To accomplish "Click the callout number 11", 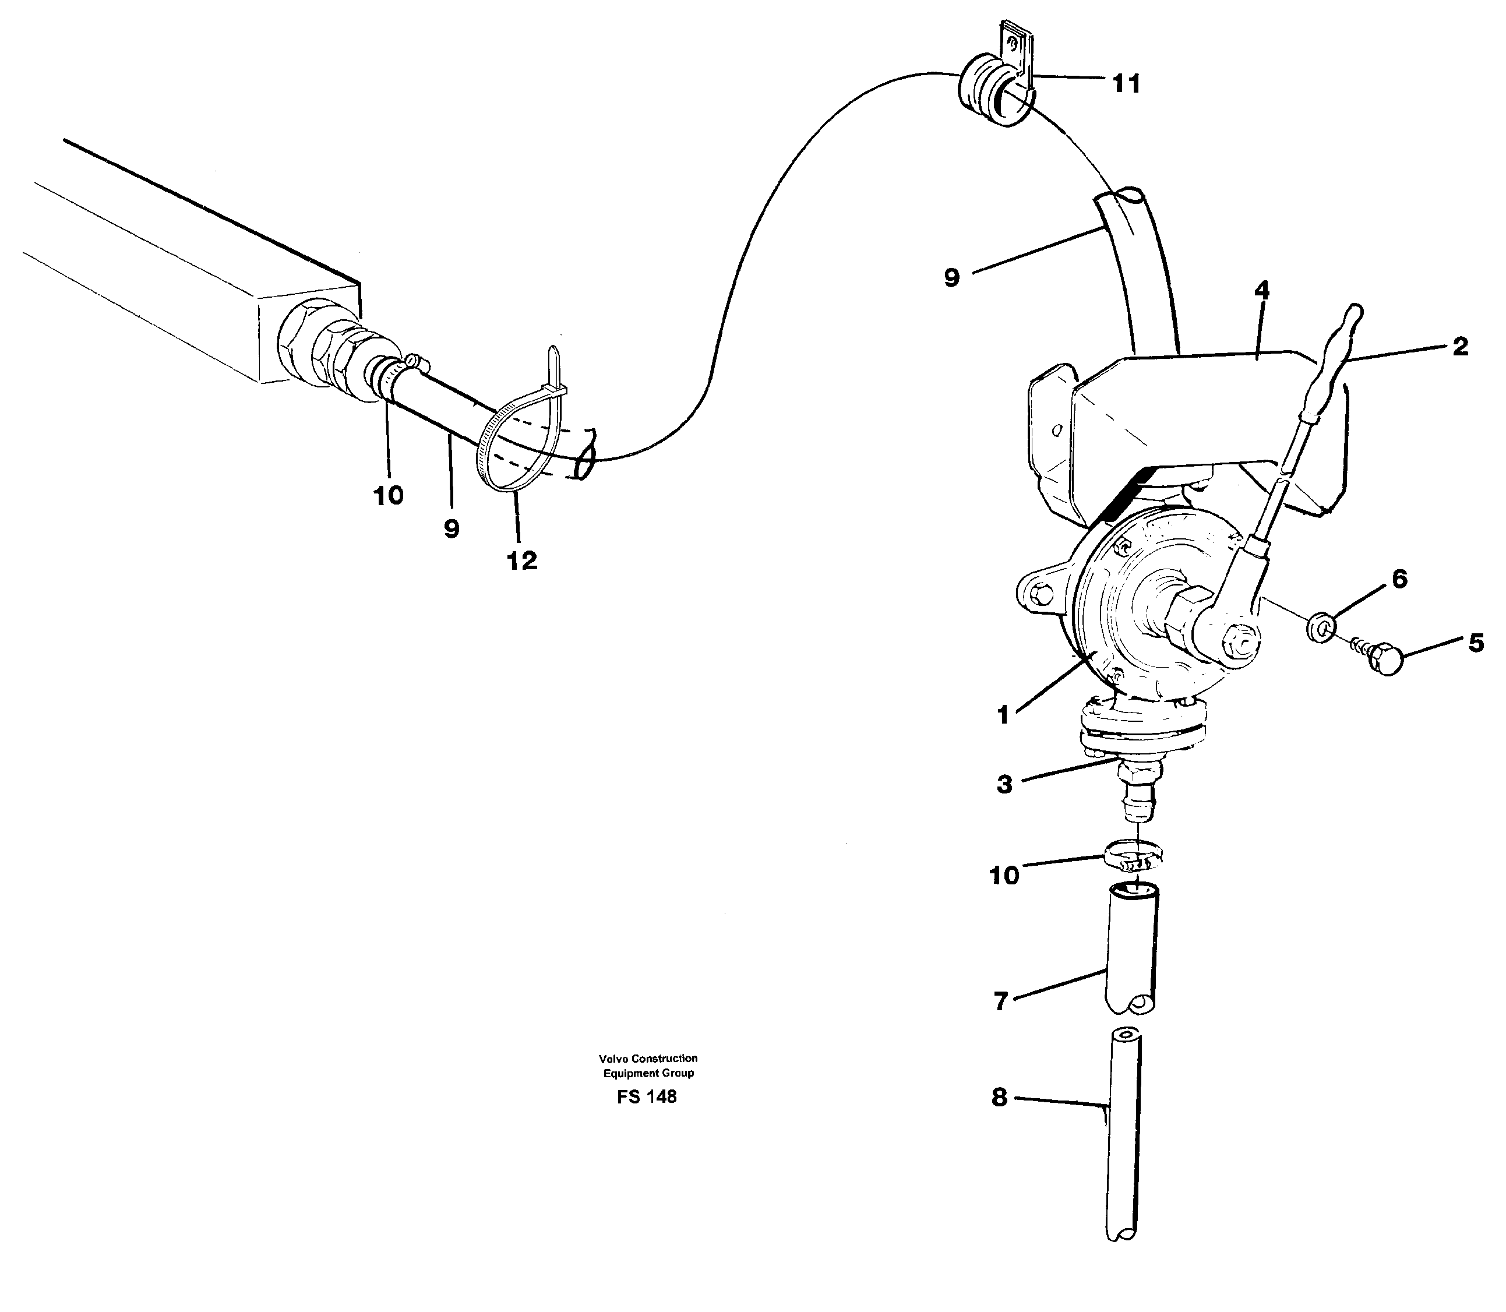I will coord(1126,85).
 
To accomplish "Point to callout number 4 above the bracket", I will coord(1261,291).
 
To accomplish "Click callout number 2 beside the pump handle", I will coord(1460,346).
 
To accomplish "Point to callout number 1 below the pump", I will coord(1003,715).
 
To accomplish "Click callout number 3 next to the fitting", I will coord(1004,784).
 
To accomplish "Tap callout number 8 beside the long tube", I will coord(999,1098).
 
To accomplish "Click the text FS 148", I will coord(647,1097).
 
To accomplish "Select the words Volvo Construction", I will coord(648,1058).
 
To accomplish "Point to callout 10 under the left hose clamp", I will coord(388,496).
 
